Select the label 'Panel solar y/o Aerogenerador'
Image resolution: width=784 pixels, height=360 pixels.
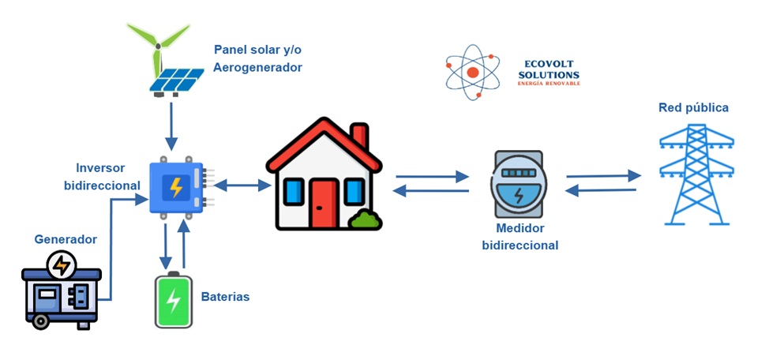pyautogui.click(x=257, y=58)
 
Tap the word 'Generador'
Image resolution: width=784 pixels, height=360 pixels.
pyautogui.click(x=66, y=239)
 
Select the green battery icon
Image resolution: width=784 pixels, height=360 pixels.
pyautogui.click(x=173, y=300)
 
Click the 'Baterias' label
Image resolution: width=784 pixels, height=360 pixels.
pyautogui.click(x=225, y=297)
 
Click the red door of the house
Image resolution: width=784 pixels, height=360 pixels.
pyautogui.click(x=323, y=204)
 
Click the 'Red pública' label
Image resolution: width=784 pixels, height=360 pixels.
pyautogui.click(x=693, y=107)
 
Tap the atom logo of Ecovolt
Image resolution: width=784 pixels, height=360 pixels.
pyautogui.click(x=473, y=72)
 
